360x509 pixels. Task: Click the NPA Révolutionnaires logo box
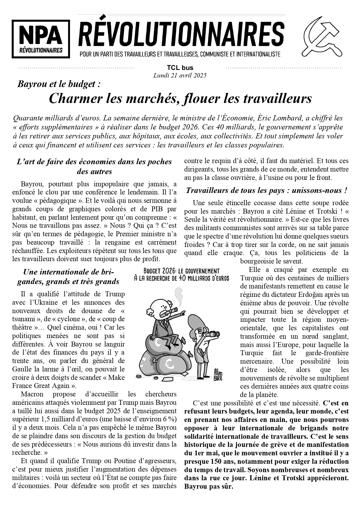[x=41, y=39]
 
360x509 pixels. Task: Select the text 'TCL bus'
[x=180, y=68]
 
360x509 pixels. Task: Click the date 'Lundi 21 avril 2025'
[x=180, y=75]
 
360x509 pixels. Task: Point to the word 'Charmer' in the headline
[x=75, y=98]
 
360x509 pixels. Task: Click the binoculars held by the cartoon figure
[x=215, y=334]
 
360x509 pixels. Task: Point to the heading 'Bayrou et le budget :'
[x=59, y=84]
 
